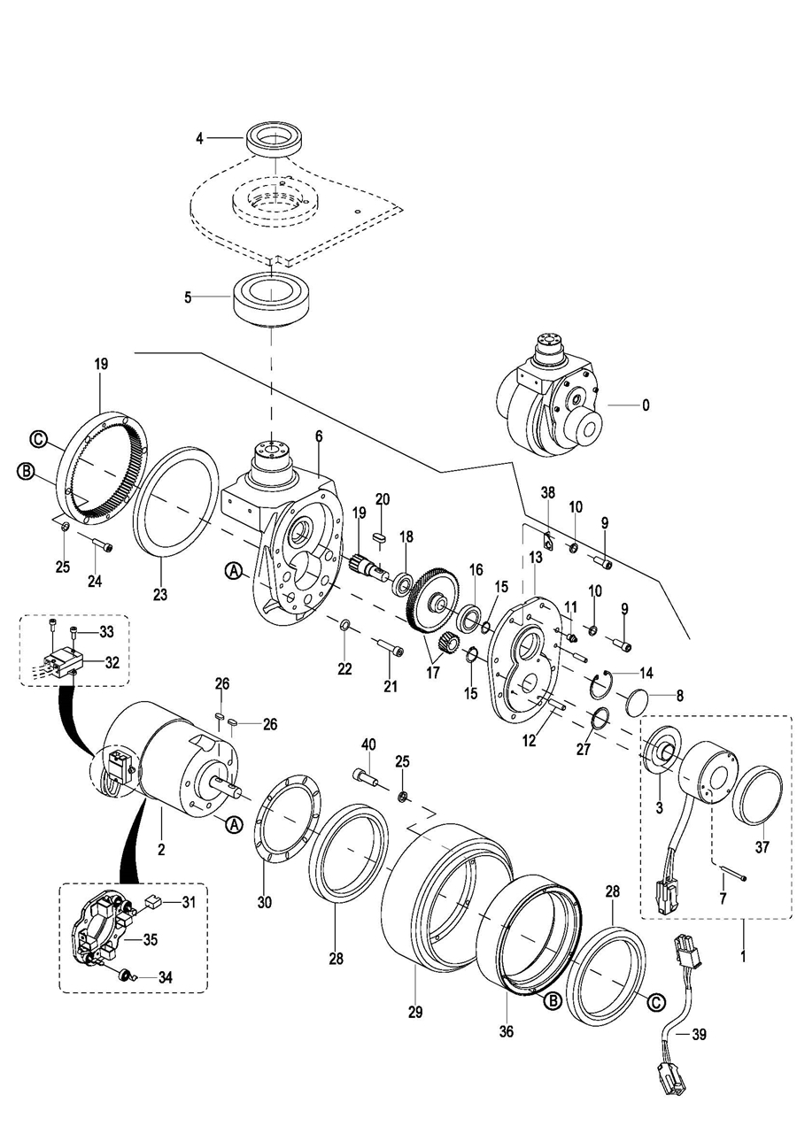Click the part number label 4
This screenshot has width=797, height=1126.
coord(200,139)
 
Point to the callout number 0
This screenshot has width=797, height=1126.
coord(646,405)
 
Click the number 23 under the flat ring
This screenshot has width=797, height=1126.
coord(159,594)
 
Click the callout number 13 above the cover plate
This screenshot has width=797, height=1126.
coord(536,557)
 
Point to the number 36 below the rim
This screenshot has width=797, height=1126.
coord(506,1030)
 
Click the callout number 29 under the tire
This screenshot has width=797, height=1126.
coord(415,1011)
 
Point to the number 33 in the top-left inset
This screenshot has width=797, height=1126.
coord(106,632)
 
